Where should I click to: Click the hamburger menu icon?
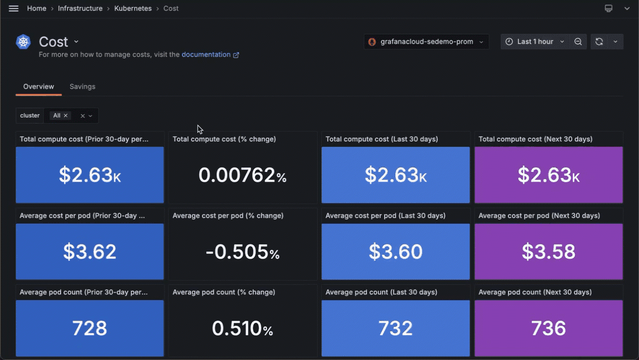tap(13, 9)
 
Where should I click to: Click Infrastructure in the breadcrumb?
tap(80, 9)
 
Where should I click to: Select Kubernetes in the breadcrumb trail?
tap(133, 9)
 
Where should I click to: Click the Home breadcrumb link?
tap(37, 9)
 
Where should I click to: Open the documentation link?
tap(206, 54)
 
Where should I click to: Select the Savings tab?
tap(82, 87)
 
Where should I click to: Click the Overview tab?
tap(38, 87)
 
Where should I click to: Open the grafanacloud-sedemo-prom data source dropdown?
tap(426, 41)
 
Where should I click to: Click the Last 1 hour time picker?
tap(534, 41)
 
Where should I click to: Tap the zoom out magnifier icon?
tap(578, 41)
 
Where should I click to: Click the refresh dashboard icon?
tap(599, 41)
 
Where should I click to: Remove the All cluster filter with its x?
tap(66, 116)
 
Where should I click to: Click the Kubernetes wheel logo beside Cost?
tap(24, 42)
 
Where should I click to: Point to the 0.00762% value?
tap(242, 175)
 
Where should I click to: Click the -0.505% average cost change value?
tap(242, 252)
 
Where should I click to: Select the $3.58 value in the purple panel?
tap(548, 252)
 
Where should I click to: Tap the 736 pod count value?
tap(548, 328)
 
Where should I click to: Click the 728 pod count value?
tap(89, 328)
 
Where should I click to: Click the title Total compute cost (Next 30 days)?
tap(535, 139)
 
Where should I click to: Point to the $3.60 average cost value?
tap(395, 252)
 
